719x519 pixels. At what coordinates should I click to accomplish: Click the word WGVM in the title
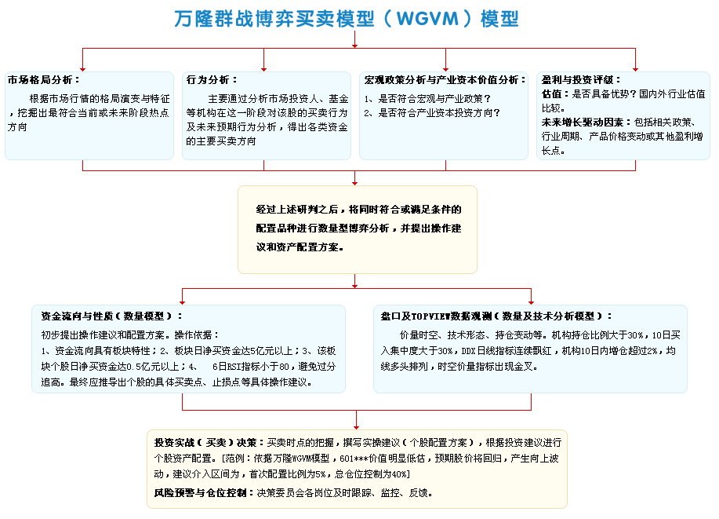(427, 19)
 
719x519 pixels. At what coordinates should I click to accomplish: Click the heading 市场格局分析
(40, 80)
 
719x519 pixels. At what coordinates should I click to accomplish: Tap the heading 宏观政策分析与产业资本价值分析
(441, 80)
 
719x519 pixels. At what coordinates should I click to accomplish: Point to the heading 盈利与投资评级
(577, 80)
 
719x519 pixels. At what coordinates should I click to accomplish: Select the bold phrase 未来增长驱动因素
(583, 122)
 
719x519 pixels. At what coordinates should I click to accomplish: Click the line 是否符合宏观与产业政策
(434, 99)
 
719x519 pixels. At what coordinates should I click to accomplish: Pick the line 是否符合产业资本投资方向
(439, 113)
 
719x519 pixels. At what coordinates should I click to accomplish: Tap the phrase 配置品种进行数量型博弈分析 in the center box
(322, 228)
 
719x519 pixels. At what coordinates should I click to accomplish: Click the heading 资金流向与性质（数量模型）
(107, 316)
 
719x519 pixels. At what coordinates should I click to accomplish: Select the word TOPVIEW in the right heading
(431, 316)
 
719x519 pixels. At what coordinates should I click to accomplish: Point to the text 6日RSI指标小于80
(251, 367)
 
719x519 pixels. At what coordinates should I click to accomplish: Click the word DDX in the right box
(468, 351)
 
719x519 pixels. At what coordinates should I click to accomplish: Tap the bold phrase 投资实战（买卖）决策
(205, 442)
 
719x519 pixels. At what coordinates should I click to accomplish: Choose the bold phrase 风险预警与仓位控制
(201, 493)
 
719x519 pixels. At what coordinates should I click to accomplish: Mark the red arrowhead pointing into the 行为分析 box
(263, 69)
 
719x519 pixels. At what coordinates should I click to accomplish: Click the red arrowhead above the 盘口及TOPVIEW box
(531, 302)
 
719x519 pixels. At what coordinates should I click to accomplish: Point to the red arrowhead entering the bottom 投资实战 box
(356, 427)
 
